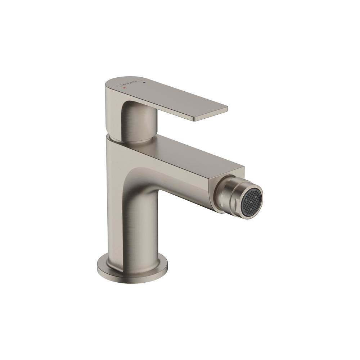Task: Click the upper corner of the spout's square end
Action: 243,168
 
